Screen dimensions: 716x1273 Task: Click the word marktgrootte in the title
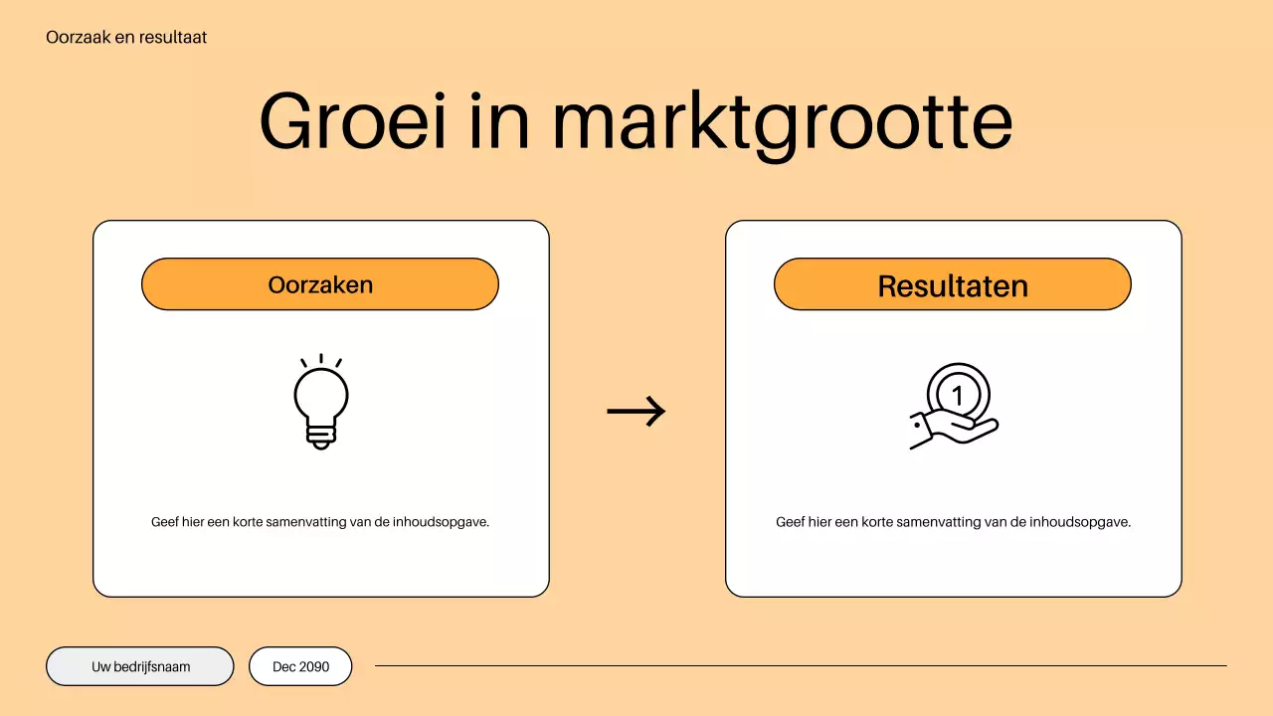(783, 122)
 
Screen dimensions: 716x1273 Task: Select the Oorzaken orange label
(319, 284)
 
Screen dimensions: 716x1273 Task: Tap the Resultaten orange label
(952, 285)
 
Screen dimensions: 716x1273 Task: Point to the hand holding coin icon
(954, 407)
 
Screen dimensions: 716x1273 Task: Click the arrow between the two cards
(636, 411)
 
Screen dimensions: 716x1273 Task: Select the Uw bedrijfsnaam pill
(140, 666)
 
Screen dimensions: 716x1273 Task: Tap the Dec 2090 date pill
(300, 666)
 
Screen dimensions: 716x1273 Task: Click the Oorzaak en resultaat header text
(126, 38)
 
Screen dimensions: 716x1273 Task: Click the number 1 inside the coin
(958, 395)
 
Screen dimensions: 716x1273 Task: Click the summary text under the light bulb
(320, 522)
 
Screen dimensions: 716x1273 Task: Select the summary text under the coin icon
(953, 522)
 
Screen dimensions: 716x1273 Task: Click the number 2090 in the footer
(313, 666)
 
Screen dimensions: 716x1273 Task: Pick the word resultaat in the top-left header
(175, 38)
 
